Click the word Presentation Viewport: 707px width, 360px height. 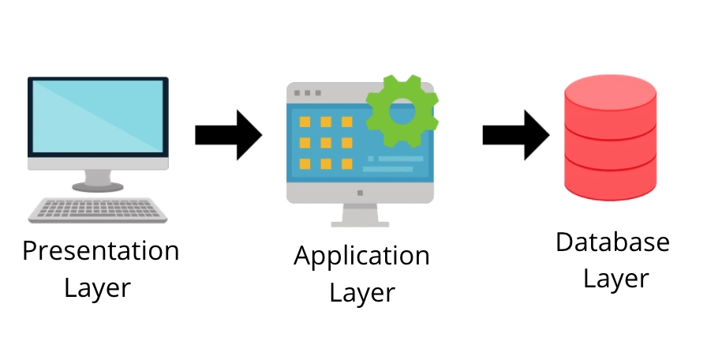(x=100, y=251)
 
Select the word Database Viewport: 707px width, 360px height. (x=612, y=242)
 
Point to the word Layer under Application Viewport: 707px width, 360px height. (x=362, y=294)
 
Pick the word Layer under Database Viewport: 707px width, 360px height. (x=616, y=279)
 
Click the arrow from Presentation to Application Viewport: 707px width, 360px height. (x=229, y=135)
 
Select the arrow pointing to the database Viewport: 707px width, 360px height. (x=516, y=135)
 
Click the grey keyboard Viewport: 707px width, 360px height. (x=98, y=210)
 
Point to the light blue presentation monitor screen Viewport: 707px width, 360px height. (x=98, y=116)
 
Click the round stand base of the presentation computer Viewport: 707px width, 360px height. (x=98, y=186)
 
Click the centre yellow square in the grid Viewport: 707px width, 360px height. (x=326, y=143)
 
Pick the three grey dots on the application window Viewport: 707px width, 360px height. (x=308, y=93)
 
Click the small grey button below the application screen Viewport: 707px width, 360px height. (x=360, y=193)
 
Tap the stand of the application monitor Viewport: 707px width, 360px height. (x=360, y=215)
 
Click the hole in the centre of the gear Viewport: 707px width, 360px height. (x=402, y=111)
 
